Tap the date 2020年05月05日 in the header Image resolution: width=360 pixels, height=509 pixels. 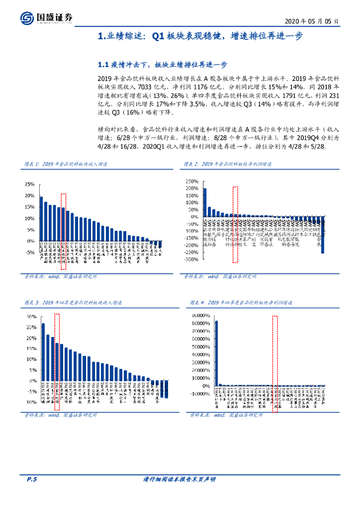pyautogui.click(x=313, y=21)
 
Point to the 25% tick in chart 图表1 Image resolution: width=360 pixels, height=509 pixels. pyautogui.click(x=29, y=184)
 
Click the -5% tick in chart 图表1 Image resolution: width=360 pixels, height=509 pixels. pyautogui.click(x=30, y=253)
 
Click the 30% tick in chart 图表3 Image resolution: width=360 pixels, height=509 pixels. pyautogui.click(x=31, y=316)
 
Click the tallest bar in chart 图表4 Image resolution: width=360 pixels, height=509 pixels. pyautogui.click(x=216, y=353)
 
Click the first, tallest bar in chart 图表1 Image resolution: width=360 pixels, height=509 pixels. pyautogui.click(x=41, y=218)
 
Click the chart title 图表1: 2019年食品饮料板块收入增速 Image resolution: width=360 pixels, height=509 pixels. pyautogui.click(x=66, y=164)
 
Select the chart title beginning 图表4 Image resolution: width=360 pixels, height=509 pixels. pyautogui.click(x=242, y=302)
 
